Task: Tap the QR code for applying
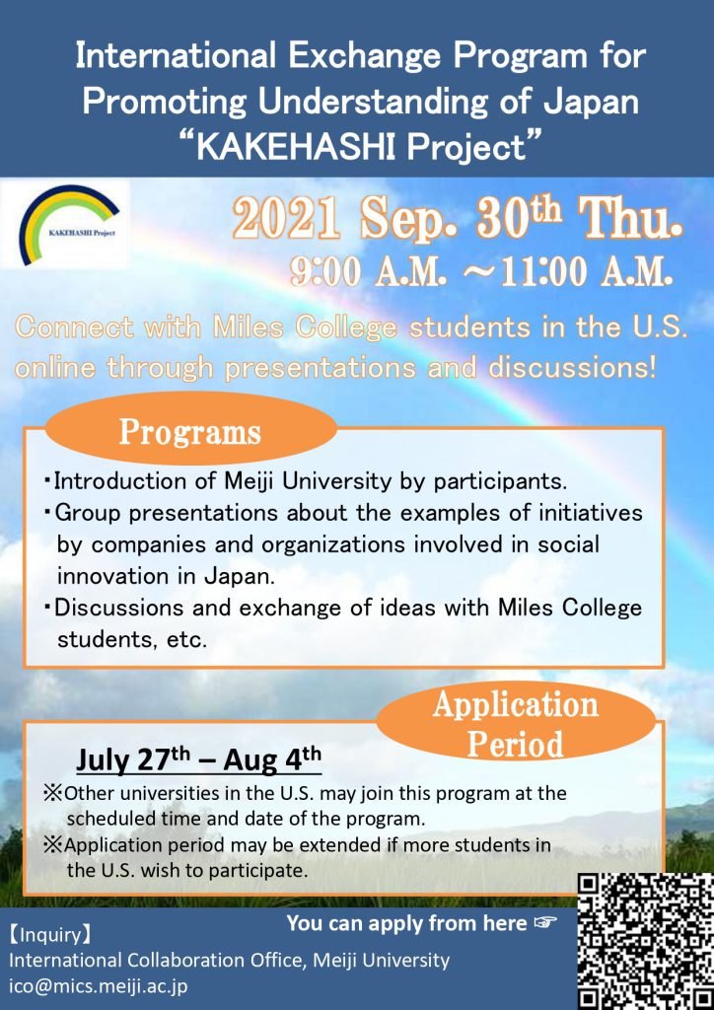coord(645,941)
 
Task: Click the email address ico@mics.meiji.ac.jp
coord(99,986)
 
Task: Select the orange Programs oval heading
coord(190,432)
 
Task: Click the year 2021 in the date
coord(286,219)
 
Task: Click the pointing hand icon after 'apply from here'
coord(544,923)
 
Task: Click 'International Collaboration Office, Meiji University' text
coord(229,961)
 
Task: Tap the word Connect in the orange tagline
coord(74,327)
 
